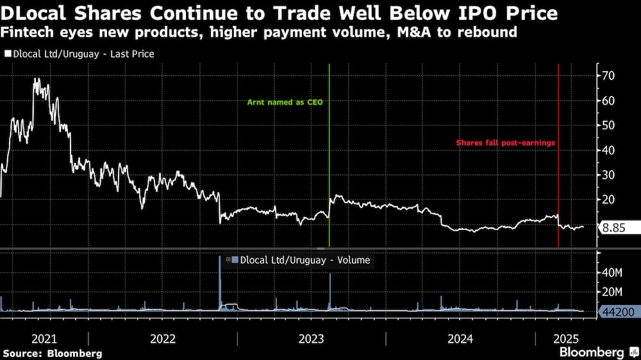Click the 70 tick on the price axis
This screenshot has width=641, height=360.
[608, 76]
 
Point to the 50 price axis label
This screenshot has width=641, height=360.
[608, 125]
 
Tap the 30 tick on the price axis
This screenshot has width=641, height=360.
[608, 175]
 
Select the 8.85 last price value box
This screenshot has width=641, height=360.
[619, 227]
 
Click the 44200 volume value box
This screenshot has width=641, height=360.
[618, 312]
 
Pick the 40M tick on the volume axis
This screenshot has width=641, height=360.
[612, 273]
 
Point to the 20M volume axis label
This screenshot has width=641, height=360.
[612, 292]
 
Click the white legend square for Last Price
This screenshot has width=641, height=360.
[7, 54]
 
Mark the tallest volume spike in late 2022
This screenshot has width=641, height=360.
[220, 258]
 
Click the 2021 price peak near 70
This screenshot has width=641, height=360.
[37, 79]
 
